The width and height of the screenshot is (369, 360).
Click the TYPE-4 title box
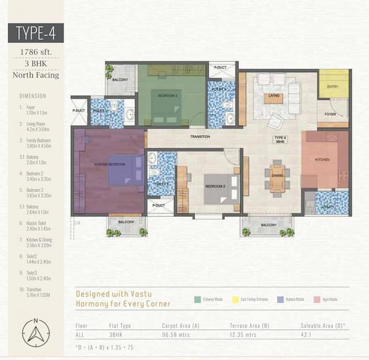pyautogui.click(x=36, y=32)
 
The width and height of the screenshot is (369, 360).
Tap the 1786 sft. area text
pyautogui.click(x=36, y=52)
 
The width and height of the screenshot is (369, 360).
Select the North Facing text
pyautogui.click(x=36, y=74)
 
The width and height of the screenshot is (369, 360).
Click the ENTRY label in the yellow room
pyautogui.click(x=333, y=87)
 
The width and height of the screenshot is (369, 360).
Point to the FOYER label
pyautogui.click(x=330, y=114)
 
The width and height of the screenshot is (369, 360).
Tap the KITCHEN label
pyautogui.click(x=322, y=159)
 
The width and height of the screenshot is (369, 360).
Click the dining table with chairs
pyautogui.click(x=277, y=178)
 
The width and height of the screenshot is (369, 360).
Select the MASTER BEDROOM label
pyautogui.click(x=110, y=164)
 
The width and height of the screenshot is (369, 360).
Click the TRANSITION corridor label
pyautogui.click(x=200, y=137)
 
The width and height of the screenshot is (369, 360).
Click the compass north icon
pyautogui.click(x=36, y=333)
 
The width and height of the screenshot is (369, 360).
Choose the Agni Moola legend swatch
pyautogui.click(x=317, y=299)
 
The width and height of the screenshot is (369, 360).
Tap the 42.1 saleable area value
pyautogui.click(x=306, y=335)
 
